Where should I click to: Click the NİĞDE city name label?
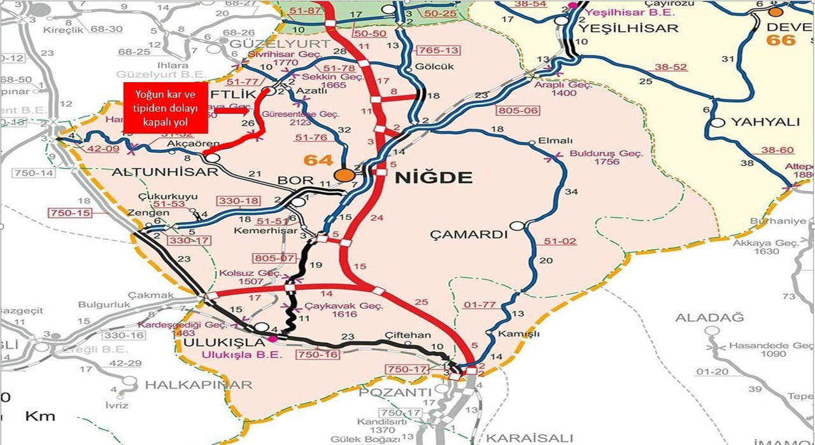(x=434, y=177)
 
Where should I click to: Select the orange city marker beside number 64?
(x=345, y=175)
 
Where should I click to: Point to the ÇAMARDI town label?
(x=469, y=234)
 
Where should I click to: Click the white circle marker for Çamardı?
(x=518, y=225)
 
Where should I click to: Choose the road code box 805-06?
(x=518, y=110)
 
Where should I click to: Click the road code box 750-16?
(x=317, y=355)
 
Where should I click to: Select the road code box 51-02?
(x=560, y=241)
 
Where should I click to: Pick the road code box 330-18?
(x=239, y=201)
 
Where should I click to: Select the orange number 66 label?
(x=781, y=39)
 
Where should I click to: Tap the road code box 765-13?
(x=436, y=50)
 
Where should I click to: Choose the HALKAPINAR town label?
(x=198, y=385)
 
